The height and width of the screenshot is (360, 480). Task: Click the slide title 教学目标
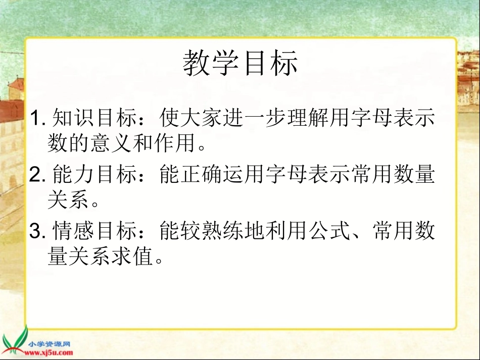[x=240, y=64]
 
